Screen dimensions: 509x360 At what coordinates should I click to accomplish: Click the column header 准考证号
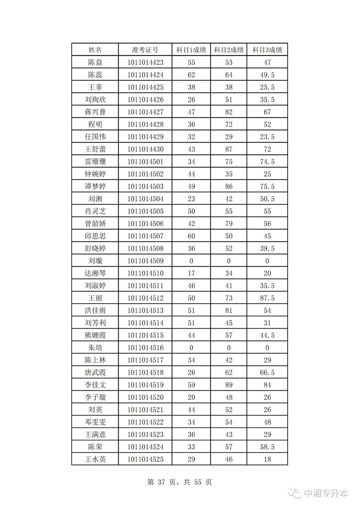(145, 50)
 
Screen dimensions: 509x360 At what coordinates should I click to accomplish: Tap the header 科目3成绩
(267, 50)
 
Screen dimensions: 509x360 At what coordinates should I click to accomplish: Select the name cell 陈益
(95, 62)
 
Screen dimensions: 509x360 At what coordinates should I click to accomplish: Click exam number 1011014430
(145, 149)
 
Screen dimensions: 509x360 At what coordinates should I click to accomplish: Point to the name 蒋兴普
(95, 112)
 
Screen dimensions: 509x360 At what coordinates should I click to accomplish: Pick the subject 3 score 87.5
(267, 298)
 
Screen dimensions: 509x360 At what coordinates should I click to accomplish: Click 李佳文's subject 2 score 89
(229, 385)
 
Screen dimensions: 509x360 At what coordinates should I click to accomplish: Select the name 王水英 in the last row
(95, 459)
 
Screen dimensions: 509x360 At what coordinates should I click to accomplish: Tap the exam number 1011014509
(145, 261)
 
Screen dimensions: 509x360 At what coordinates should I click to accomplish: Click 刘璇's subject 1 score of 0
(191, 261)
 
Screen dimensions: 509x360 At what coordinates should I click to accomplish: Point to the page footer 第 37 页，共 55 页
(179, 482)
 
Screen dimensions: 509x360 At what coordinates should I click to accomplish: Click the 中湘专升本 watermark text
(326, 493)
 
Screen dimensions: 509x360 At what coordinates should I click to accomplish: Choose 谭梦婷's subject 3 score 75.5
(267, 186)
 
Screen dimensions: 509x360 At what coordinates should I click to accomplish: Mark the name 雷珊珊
(95, 162)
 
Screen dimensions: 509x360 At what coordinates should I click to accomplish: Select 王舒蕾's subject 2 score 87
(229, 149)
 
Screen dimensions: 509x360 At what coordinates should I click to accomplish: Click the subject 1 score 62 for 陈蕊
(191, 75)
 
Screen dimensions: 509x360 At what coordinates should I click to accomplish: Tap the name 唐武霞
(95, 372)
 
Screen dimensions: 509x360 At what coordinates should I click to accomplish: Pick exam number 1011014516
(145, 348)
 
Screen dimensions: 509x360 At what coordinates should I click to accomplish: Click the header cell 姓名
(95, 50)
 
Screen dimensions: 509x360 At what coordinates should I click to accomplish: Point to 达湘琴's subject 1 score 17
(191, 273)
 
